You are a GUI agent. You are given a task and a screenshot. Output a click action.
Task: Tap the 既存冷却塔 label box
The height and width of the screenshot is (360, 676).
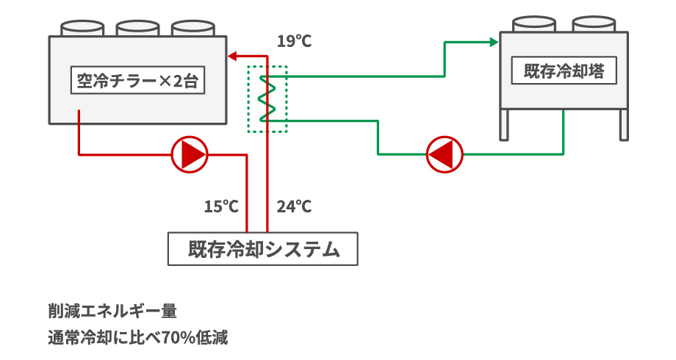(x=564, y=72)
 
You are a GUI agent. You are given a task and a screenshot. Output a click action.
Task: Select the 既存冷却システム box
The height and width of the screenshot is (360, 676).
(x=264, y=249)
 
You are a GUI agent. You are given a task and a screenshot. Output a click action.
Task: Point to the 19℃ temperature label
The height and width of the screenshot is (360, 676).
(x=294, y=41)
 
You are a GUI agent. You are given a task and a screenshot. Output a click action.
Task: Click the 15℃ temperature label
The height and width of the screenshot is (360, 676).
(x=221, y=206)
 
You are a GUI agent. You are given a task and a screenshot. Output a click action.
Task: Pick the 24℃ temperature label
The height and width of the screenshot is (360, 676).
(x=294, y=206)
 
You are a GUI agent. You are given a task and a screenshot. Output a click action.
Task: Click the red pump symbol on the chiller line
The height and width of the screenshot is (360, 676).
(x=190, y=154)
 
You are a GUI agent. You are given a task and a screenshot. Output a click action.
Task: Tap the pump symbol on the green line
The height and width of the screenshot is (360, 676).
(x=445, y=154)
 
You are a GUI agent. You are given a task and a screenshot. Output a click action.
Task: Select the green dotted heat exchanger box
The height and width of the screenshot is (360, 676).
(x=267, y=99)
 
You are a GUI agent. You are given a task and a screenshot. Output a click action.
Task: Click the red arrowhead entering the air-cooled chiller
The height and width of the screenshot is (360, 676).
(x=232, y=55)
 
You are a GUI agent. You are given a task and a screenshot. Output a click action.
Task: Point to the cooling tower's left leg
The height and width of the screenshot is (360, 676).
(x=505, y=124)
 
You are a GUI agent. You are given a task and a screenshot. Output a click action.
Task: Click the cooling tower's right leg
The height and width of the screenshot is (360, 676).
(x=624, y=124)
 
